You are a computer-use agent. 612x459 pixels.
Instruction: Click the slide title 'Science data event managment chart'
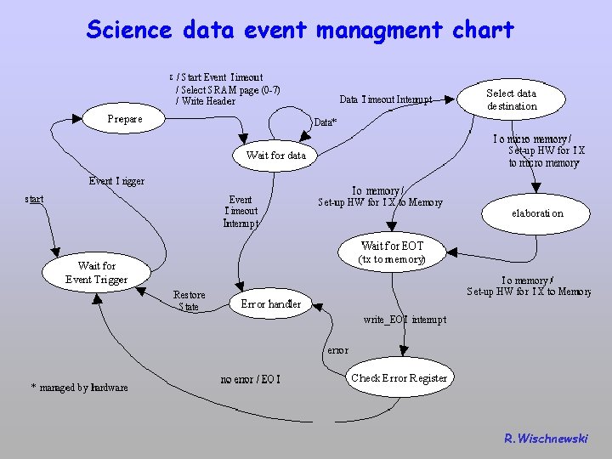pos(300,31)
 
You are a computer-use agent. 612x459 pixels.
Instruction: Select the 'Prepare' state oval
pos(125,119)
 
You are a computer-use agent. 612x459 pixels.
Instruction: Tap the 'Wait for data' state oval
pos(275,155)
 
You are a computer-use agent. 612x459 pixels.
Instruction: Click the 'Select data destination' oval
pos(512,99)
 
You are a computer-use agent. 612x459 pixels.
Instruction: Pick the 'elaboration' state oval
pos(537,213)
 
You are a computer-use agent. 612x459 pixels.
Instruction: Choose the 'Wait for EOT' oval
pos(392,252)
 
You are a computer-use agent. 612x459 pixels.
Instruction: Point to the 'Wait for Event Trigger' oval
pos(96,273)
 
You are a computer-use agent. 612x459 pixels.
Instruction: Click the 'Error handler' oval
pos(271,303)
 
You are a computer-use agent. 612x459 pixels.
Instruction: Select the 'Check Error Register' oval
pos(399,378)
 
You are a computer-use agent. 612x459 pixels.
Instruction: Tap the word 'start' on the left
pos(35,199)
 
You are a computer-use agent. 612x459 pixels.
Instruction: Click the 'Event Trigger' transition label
pos(116,181)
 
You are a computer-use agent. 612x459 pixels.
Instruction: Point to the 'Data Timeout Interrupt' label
pos(386,99)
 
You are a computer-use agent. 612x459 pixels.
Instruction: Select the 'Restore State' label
pos(189,301)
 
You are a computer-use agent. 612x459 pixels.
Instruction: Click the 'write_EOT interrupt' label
pos(404,320)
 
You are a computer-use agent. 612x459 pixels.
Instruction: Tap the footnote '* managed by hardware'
pos(79,388)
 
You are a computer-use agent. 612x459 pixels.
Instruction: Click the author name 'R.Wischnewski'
pos(546,439)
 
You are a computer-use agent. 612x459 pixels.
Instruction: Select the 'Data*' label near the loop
pos(326,122)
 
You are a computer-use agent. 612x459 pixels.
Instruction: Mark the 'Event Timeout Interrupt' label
pos(241,212)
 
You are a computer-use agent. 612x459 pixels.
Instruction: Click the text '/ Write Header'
pos(206,102)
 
